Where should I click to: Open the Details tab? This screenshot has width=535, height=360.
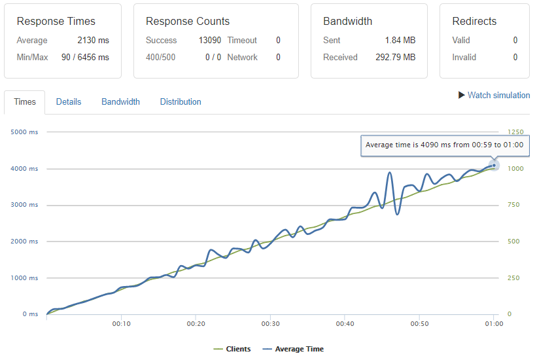tap(69, 102)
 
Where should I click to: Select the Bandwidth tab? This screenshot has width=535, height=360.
tap(120, 102)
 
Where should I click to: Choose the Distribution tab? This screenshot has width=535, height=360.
tap(181, 102)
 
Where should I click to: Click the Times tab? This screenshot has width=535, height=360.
tap(25, 102)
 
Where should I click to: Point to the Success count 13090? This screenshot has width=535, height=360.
tap(210, 41)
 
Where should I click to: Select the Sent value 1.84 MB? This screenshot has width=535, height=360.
tap(400, 41)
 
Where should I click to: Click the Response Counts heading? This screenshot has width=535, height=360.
tap(188, 22)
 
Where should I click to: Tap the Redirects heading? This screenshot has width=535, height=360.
tap(474, 22)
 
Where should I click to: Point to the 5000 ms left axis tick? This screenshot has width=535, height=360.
tap(25, 132)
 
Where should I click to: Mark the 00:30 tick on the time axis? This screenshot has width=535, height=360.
tap(271, 324)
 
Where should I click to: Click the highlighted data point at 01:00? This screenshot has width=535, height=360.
tap(494, 165)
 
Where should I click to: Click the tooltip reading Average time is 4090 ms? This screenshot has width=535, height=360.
tap(445, 145)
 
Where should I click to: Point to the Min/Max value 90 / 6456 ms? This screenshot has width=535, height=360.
tap(86, 58)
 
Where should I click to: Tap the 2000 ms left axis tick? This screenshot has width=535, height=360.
tap(25, 242)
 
